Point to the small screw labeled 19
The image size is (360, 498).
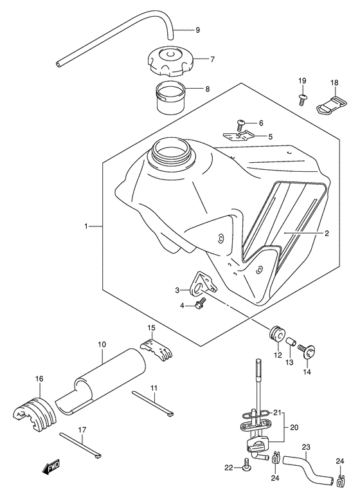point(302,99)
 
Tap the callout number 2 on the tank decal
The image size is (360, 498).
point(327,234)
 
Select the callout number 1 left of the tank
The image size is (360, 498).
point(86,226)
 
